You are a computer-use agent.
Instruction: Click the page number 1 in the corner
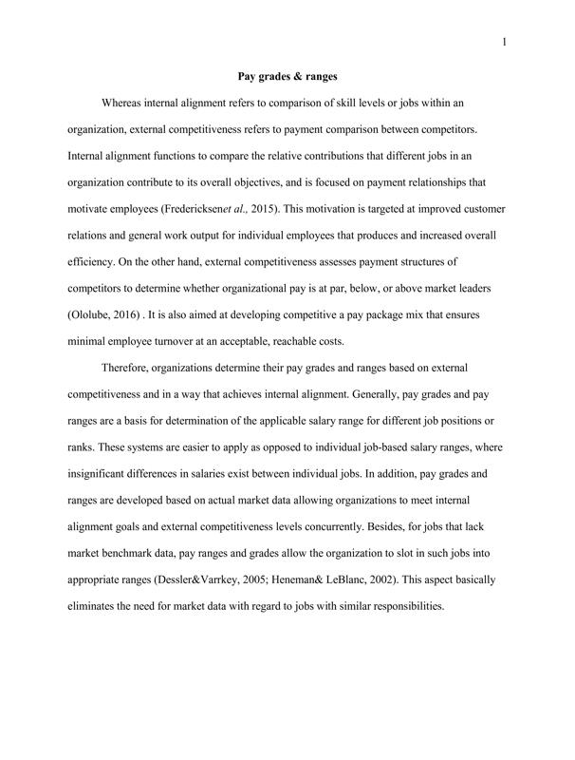(505, 41)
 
